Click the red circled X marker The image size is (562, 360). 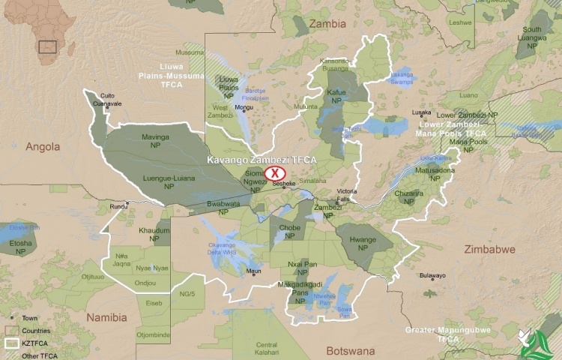(275, 173)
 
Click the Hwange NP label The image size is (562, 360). (363, 243)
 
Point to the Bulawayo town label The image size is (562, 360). (432, 275)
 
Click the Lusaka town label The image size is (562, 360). (422, 112)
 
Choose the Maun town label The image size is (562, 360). (254, 271)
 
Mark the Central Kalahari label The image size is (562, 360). (267, 349)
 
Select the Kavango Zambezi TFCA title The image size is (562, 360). (262, 160)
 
